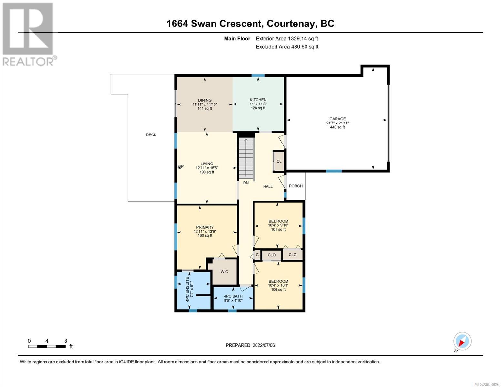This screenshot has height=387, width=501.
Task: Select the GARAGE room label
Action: pos(337,119)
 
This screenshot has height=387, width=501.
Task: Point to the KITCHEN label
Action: pos(258,100)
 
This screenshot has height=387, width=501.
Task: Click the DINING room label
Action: pos(205,100)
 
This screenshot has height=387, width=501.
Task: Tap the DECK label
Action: pos(151,135)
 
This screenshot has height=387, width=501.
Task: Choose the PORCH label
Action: pos(296,186)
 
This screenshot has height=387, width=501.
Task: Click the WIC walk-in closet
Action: pos(224,272)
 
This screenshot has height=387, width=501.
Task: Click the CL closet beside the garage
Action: pos(279,161)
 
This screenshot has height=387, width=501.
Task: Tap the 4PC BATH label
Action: pos(233,296)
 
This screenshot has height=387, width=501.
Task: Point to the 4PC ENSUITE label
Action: pos(187,289)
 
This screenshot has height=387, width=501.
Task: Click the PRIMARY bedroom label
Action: pos(205,227)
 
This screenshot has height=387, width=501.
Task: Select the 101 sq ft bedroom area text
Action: pos(278,229)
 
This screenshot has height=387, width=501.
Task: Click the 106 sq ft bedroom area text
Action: pos(278,289)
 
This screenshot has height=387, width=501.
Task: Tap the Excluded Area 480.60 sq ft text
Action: pos(287,47)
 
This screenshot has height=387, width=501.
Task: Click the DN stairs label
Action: pos(246,183)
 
